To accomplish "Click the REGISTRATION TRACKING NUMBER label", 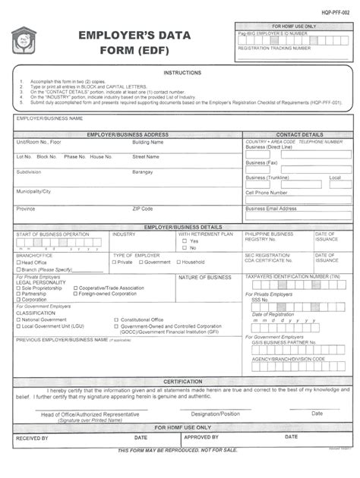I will (x=274, y=47).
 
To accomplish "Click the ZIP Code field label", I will (x=143, y=208).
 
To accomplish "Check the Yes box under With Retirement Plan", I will (x=185, y=241).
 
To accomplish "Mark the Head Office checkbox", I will (x=18, y=263).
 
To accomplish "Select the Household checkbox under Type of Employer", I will (x=178, y=263).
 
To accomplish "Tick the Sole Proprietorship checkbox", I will (x=18, y=288).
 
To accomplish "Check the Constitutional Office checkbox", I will (x=116, y=319).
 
